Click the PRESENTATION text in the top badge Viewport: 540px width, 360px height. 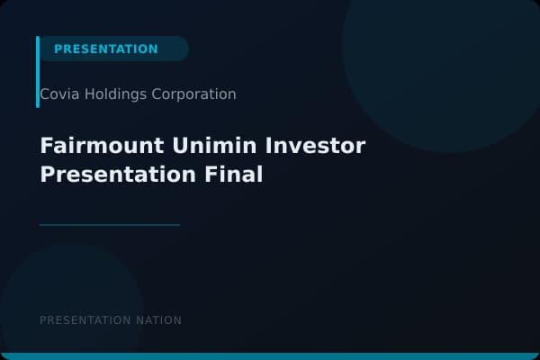[105, 49]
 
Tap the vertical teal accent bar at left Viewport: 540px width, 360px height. [38, 72]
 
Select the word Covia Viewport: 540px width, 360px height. [56, 94]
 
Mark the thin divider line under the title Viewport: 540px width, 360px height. [110, 225]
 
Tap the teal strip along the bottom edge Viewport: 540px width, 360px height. [270, 356]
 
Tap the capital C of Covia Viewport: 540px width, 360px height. [45, 94]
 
